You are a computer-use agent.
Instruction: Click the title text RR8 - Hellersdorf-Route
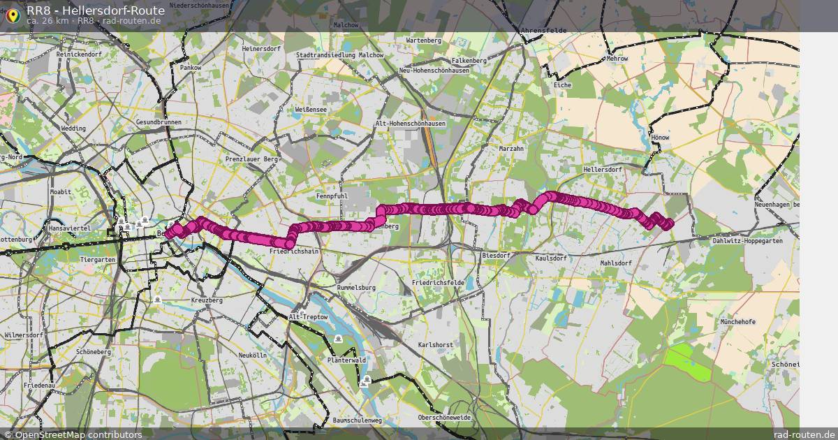pos(96,10)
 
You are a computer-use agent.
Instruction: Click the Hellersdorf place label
pos(601,170)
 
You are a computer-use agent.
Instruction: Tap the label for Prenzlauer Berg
pos(251,160)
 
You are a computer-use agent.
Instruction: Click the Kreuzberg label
pos(206,300)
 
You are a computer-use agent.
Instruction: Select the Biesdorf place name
pos(497,256)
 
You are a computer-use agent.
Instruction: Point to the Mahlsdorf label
pos(616,263)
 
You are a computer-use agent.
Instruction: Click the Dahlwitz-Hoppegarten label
pos(747,241)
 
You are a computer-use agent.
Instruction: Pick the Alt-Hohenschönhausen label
pos(410,124)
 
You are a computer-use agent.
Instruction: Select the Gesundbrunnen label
pos(159,122)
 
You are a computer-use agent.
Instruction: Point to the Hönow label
pos(659,138)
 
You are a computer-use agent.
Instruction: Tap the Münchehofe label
pos(738,322)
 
